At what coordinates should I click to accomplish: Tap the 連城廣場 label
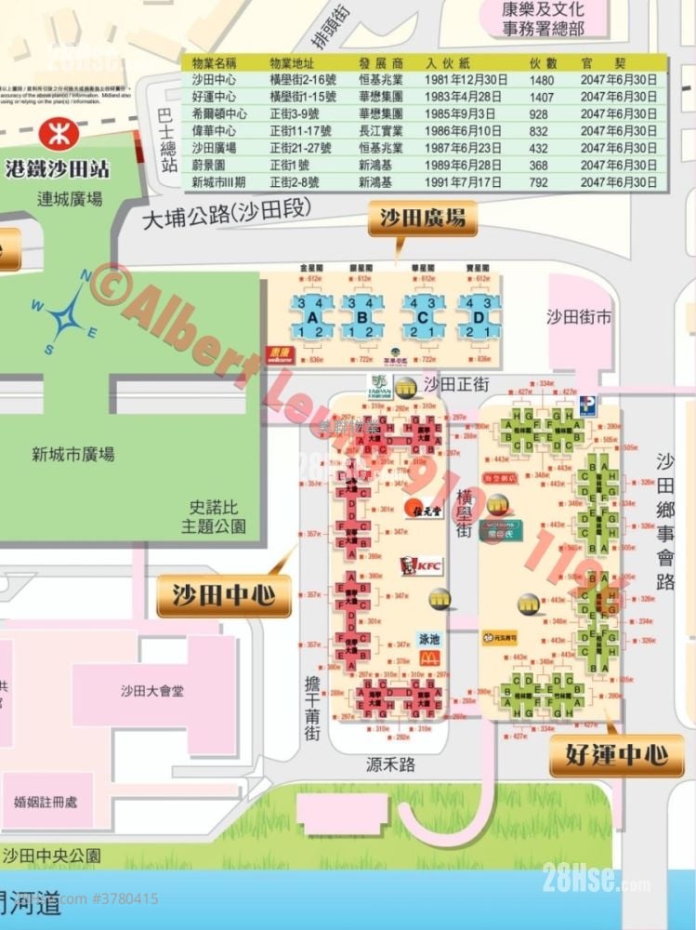tap(70, 198)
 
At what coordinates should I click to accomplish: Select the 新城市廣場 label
tap(73, 455)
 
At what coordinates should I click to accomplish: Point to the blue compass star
tap(68, 316)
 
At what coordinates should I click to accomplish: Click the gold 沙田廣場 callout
tap(423, 219)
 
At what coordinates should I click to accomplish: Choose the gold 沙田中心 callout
tap(224, 595)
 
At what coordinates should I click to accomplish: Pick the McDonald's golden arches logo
tap(427, 657)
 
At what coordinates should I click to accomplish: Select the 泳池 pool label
tap(427, 640)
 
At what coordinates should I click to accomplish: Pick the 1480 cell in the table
tap(542, 80)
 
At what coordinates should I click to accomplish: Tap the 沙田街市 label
tap(578, 316)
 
